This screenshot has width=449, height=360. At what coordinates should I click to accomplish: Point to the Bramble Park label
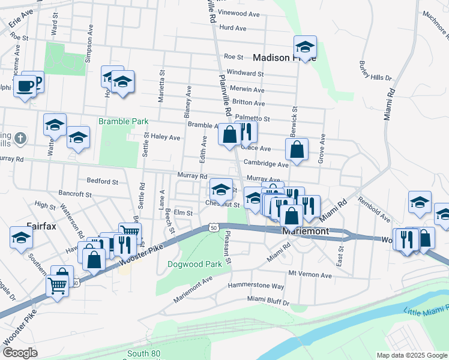tap(123, 121)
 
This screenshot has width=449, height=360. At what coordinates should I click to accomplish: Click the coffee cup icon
tap(25, 86)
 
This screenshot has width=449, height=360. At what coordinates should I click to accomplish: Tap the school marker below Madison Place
tap(305, 48)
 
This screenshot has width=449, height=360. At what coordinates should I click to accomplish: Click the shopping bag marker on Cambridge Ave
tap(297, 149)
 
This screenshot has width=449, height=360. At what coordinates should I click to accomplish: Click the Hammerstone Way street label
tap(260, 287)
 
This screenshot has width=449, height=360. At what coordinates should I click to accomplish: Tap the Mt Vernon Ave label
tap(310, 275)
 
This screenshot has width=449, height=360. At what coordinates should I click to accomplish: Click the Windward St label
tap(244, 73)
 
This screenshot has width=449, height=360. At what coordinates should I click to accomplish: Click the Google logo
tap(20, 353)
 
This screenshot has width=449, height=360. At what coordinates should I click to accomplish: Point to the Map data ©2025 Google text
tap(411, 355)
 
